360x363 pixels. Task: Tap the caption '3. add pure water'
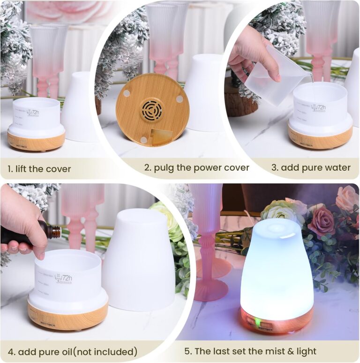coord(311,168)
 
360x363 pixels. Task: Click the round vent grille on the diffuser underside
coord(153,111)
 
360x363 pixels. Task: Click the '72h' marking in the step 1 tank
coord(33,113)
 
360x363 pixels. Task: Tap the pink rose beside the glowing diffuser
coord(322,221)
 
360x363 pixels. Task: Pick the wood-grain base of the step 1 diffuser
coord(36,141)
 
